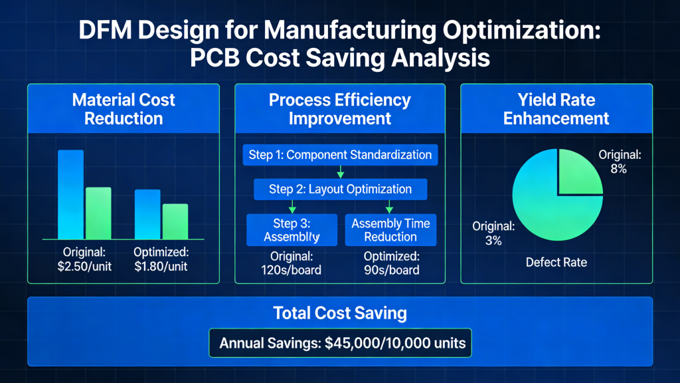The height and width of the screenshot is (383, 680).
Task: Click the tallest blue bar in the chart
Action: pyautogui.click(x=70, y=194)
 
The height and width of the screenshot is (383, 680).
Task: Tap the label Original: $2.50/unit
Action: pyautogui.click(x=84, y=259)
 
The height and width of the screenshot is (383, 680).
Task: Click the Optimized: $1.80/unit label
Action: pyautogui.click(x=161, y=259)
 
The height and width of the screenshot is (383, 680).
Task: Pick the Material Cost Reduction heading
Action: pyautogui.click(x=124, y=109)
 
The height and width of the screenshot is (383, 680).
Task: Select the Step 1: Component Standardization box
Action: pyautogui.click(x=340, y=155)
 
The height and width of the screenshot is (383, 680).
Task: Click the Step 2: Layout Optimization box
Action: pyautogui.click(x=340, y=189)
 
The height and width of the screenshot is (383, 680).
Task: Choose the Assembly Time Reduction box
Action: pyautogui.click(x=390, y=230)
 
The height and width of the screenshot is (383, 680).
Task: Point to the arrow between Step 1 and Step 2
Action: pyautogui.click(x=340, y=172)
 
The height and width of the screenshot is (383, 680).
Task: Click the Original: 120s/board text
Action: pyautogui.click(x=292, y=263)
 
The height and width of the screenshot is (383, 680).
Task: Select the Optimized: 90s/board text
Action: pyautogui.click(x=390, y=263)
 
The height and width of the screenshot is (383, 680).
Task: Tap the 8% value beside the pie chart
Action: pyautogui.click(x=619, y=169)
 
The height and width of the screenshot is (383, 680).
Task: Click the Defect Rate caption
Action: pyautogui.click(x=556, y=262)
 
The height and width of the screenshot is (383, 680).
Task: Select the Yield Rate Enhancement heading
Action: pyautogui.click(x=556, y=109)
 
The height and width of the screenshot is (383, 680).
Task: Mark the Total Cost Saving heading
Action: pyautogui.click(x=340, y=313)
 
